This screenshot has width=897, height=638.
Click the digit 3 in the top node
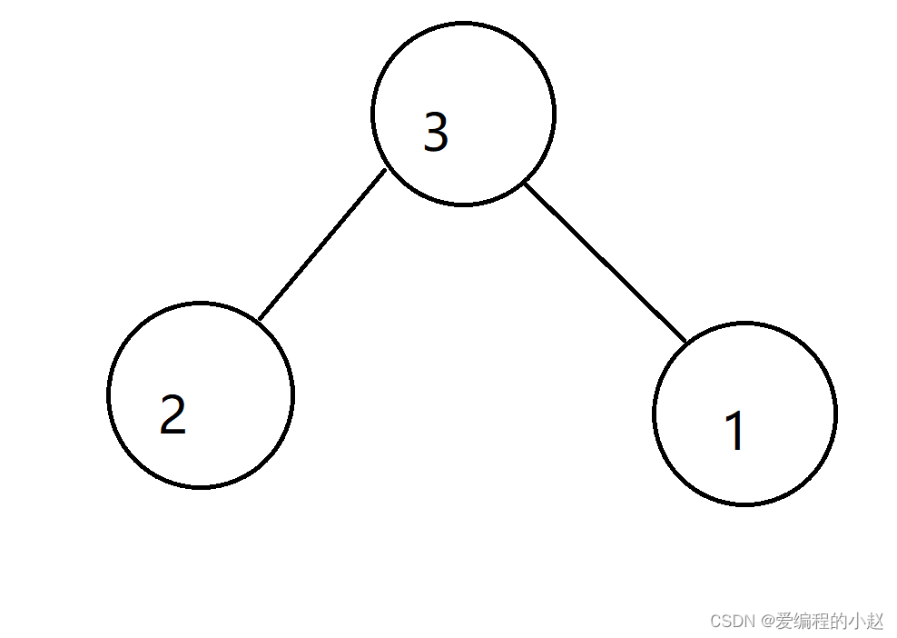click(x=436, y=133)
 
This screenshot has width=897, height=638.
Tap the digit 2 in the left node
click(x=172, y=414)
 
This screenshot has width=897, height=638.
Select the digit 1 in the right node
click(x=735, y=431)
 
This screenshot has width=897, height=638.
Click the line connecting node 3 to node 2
click(x=322, y=245)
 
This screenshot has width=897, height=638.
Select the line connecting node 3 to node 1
click(x=606, y=263)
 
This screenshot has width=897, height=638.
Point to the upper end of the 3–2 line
click(x=385, y=171)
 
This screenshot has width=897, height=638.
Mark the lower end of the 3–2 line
click(x=259, y=320)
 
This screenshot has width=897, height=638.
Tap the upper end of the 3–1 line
click(x=526, y=184)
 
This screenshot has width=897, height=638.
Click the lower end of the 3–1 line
click(x=685, y=342)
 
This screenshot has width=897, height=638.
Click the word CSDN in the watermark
click(x=733, y=621)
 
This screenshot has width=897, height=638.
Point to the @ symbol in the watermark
click(x=767, y=621)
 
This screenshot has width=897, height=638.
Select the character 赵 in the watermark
click(x=874, y=621)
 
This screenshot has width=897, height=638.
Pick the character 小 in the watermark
click(x=856, y=621)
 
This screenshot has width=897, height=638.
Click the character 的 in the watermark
click(x=838, y=621)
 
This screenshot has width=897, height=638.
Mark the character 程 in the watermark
click(x=820, y=621)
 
